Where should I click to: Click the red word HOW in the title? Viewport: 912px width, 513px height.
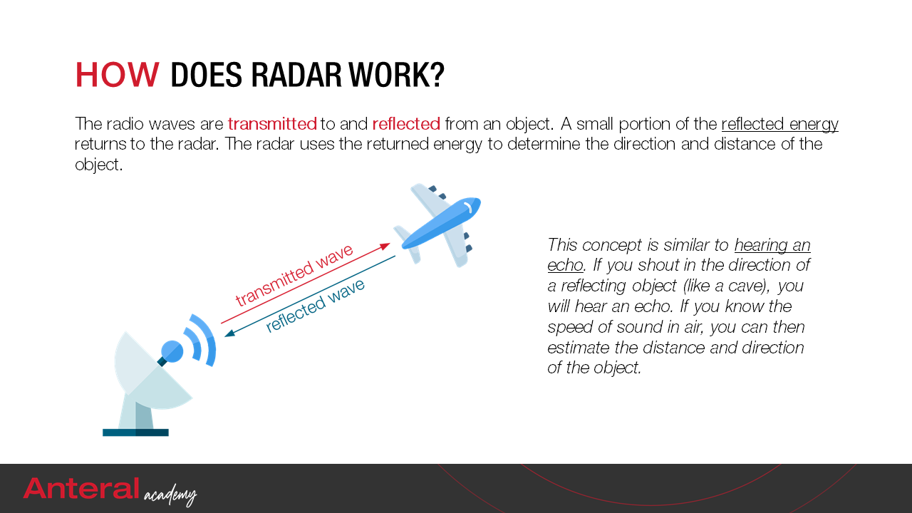(117, 75)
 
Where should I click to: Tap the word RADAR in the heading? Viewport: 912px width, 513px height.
(296, 75)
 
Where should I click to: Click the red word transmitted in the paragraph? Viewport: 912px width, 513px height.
(272, 124)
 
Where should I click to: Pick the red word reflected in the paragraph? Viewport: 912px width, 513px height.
(406, 124)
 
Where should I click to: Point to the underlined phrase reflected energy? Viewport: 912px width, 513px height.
(779, 125)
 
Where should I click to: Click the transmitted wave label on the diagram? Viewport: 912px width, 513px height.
(294, 275)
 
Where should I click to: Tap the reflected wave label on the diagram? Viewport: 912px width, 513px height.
(315, 306)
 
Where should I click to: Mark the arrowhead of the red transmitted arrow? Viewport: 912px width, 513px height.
(385, 246)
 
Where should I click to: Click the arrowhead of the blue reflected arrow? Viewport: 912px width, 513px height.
(229, 333)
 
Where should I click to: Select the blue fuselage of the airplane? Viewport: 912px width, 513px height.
(442, 222)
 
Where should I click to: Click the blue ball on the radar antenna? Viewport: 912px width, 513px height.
(172, 351)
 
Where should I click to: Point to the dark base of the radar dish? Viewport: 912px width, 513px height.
(135, 432)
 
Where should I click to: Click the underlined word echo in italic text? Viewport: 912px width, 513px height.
(565, 266)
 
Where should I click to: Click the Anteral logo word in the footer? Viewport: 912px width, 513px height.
(81, 489)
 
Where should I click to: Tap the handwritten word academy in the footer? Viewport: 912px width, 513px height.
(170, 494)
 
